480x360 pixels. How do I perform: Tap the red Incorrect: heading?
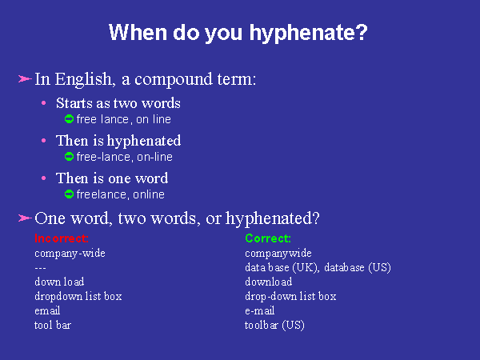62,238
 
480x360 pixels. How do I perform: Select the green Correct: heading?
268,238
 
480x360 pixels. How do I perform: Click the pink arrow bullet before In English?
25,79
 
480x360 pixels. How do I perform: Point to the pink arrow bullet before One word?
25,218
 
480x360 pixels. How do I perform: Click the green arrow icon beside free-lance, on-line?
69,157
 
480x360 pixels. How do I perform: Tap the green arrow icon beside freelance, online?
69,194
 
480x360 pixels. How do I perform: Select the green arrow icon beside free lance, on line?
69,118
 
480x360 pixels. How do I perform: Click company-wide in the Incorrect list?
70,254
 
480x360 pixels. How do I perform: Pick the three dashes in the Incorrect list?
40,269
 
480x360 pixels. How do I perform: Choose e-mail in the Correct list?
259,310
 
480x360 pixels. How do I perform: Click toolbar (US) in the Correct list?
274,325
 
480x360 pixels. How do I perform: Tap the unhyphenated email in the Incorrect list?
47,310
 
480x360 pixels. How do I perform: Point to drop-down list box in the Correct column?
290,297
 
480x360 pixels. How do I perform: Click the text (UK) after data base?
306,268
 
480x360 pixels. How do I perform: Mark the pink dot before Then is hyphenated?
44,141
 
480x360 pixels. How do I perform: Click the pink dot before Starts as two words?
44,103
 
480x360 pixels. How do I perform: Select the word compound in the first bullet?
174,80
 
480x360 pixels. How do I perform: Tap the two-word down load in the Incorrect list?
59,282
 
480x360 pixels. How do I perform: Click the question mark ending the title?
362,32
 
